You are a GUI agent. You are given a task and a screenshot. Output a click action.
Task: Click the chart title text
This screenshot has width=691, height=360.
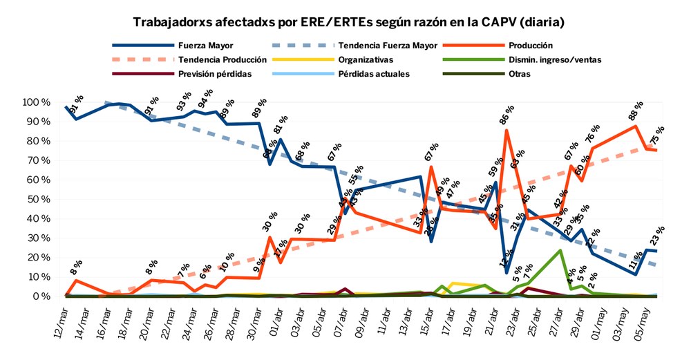(x=345, y=22)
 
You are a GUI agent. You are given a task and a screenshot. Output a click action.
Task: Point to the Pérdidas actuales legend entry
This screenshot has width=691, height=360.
(x=374, y=73)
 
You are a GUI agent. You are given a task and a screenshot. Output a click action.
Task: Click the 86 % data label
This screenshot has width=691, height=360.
(x=509, y=115)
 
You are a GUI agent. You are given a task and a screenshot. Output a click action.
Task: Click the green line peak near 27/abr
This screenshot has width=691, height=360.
(x=559, y=250)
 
